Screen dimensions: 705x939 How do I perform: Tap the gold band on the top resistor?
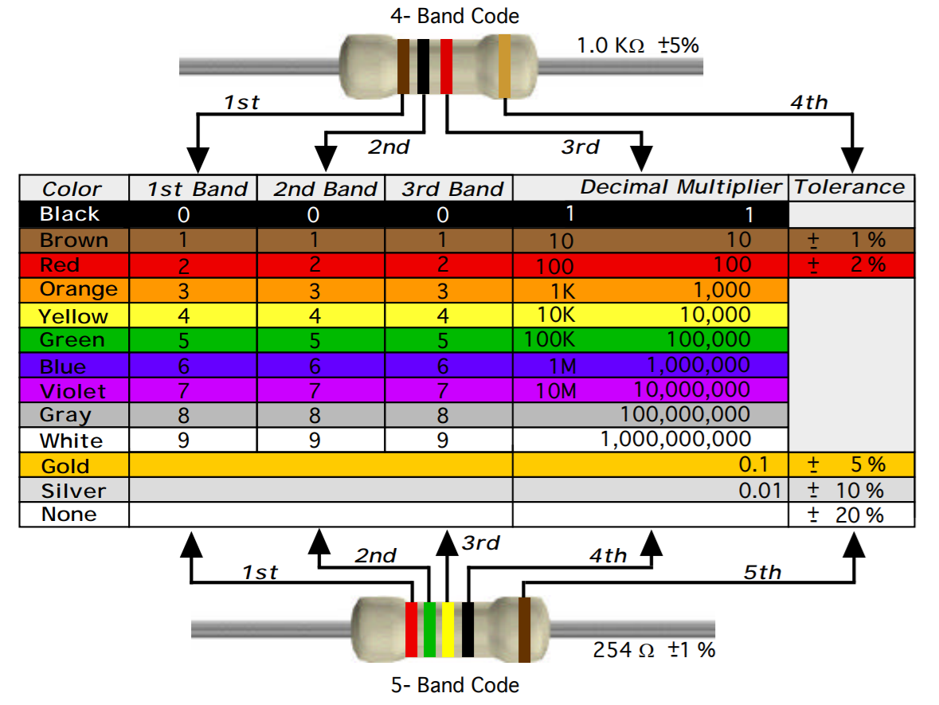click(504, 67)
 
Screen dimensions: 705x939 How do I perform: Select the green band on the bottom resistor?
click(429, 629)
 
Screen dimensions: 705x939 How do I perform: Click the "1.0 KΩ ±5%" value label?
click(637, 45)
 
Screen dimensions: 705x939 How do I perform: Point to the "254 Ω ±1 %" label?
click(653, 649)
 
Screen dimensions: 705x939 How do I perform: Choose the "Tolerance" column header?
click(850, 187)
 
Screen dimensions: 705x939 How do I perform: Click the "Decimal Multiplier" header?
click(681, 187)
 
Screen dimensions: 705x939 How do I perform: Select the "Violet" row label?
click(72, 391)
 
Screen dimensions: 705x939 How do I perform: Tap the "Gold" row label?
click(65, 466)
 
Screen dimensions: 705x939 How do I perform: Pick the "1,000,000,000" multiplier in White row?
click(675, 440)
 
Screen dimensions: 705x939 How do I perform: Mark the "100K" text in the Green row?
click(550, 340)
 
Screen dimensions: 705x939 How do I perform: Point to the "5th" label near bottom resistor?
click(762, 572)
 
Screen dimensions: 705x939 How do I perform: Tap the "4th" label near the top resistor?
click(808, 102)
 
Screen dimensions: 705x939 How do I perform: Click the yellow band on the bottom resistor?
click(448, 629)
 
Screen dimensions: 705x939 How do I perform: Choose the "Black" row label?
click(69, 213)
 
